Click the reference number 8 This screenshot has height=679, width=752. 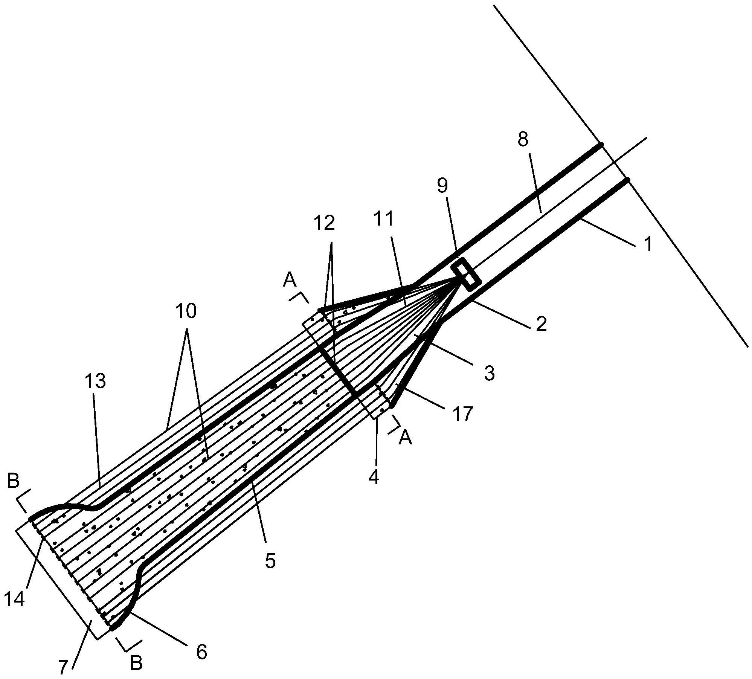523,140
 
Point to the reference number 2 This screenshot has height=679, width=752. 541,324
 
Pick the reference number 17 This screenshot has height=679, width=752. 462,414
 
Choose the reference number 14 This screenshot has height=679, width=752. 15,599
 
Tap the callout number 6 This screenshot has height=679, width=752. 201,652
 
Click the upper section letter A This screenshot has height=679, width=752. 290,281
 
